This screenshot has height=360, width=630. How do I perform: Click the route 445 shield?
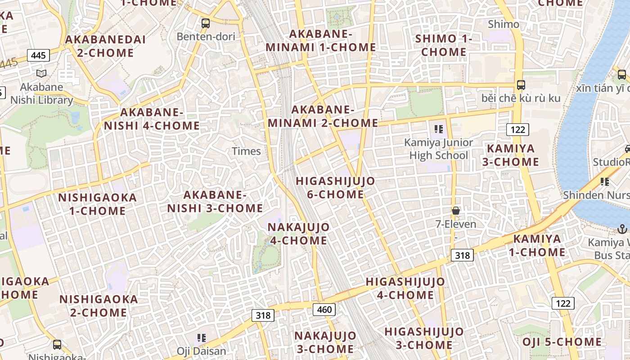point(38,55)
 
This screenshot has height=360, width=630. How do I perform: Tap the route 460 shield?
point(324,309)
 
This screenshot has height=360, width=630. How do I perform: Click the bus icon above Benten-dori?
point(206,23)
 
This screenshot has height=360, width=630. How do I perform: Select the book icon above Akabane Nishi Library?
point(41,73)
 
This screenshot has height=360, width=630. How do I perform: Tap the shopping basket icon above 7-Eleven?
point(456,210)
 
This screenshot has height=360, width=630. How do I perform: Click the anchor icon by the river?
point(622,229)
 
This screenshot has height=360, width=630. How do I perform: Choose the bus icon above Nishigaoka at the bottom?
point(57,345)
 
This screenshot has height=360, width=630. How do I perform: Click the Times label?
point(246,151)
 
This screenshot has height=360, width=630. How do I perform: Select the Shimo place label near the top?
point(504,24)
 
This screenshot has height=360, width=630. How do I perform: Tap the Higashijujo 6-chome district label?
point(335,188)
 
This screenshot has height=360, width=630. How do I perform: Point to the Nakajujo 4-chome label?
point(298,234)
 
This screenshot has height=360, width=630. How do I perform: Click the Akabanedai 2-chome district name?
point(106,46)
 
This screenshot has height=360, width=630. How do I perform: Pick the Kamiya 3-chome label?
point(511,155)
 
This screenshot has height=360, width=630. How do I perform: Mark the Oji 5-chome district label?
point(562,342)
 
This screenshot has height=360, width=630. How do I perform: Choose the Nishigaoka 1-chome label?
point(97,204)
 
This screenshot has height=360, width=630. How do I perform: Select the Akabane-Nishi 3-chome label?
point(215,202)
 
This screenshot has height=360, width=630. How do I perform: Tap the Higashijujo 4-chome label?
point(405,288)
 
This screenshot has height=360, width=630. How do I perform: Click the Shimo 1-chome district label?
point(444,45)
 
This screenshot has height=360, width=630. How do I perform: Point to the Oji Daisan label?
point(201,351)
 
